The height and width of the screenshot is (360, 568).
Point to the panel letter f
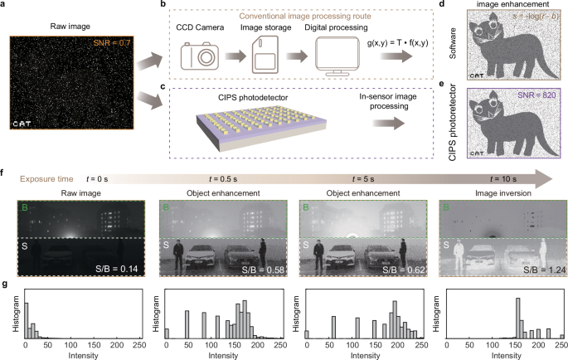point(7,175)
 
